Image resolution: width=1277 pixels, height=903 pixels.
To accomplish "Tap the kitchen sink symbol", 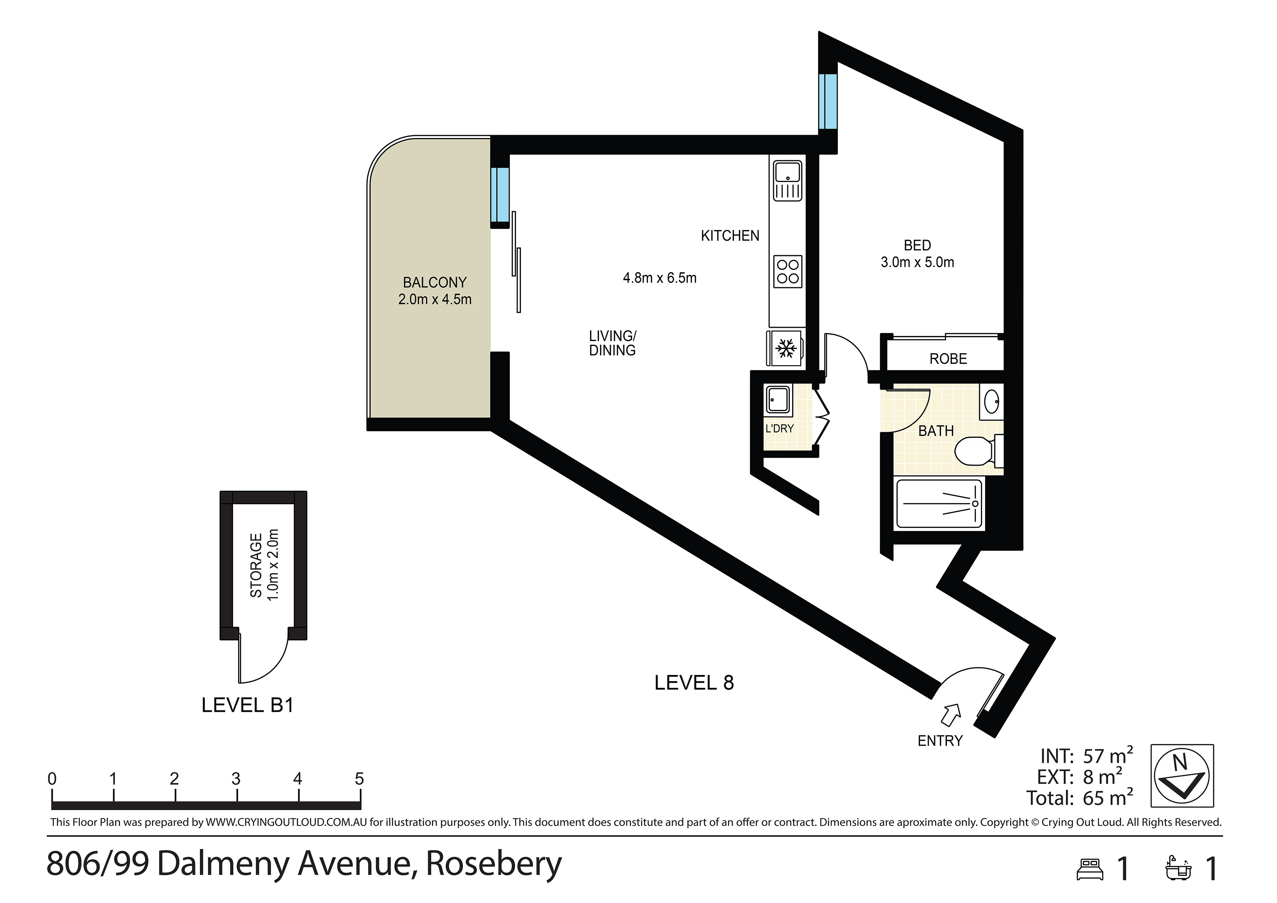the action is click(x=787, y=181).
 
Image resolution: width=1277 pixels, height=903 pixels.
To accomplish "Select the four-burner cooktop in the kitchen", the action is click(x=787, y=272).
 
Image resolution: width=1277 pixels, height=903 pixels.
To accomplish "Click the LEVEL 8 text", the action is click(x=694, y=683).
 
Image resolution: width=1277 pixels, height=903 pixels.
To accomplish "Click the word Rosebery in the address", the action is click(x=494, y=864).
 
